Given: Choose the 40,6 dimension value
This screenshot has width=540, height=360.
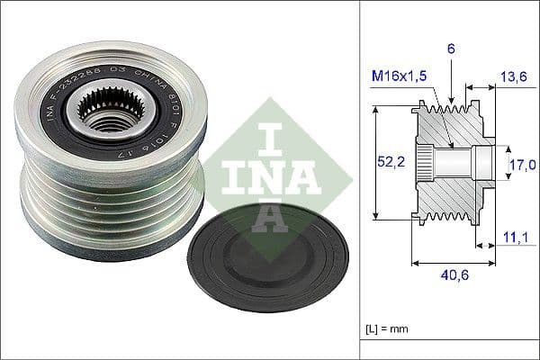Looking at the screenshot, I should (455, 277).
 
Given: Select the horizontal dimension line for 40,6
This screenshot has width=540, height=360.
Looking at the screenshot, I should (454, 264).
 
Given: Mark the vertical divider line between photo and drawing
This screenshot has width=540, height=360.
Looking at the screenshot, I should (359, 180).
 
